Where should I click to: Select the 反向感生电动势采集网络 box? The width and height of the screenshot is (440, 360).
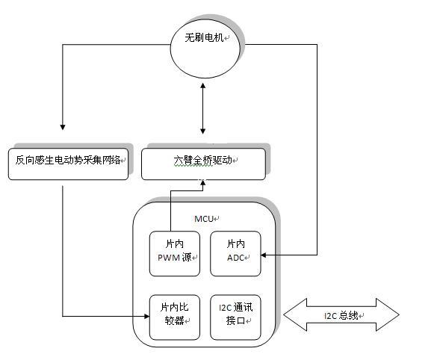68,164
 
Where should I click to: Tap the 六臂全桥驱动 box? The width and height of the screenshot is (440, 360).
203,164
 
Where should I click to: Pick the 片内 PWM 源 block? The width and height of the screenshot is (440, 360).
175,254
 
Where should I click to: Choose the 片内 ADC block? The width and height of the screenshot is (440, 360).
235,254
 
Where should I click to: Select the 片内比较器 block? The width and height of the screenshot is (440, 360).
175,317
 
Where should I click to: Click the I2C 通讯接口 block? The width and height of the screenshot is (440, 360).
235,317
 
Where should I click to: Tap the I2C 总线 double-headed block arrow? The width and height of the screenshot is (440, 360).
341,314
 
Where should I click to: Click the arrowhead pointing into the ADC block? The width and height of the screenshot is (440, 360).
264,255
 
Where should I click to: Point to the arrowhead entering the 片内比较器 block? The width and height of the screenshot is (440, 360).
146,316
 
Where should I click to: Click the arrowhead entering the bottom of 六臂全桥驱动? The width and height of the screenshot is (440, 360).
203,183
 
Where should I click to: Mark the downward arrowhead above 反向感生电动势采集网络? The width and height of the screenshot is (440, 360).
63,127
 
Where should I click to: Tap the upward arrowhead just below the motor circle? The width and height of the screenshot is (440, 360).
203,85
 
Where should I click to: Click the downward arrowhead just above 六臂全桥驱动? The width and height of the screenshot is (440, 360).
203,131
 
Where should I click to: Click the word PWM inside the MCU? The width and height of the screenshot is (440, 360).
169,258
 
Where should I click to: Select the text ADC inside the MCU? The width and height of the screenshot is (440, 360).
235,258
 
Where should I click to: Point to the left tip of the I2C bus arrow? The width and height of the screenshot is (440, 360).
284,314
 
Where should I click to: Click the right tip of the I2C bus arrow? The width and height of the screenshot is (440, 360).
399,314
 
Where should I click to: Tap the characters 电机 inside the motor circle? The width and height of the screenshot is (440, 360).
214,37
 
